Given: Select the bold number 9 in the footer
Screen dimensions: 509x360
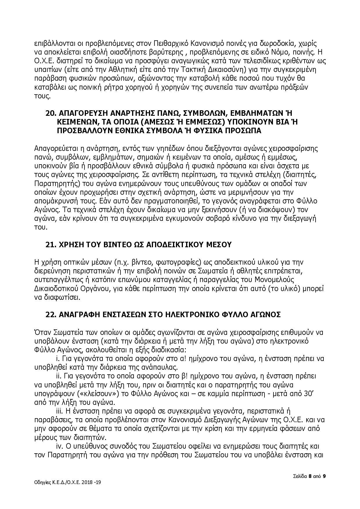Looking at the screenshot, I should point(324,476).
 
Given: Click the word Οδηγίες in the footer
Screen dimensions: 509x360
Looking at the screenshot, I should point(42,482).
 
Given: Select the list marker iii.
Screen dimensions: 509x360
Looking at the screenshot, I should point(59,411).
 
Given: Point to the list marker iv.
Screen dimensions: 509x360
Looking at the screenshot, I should point(59,446).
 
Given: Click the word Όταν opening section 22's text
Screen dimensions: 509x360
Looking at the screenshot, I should point(41,332).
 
